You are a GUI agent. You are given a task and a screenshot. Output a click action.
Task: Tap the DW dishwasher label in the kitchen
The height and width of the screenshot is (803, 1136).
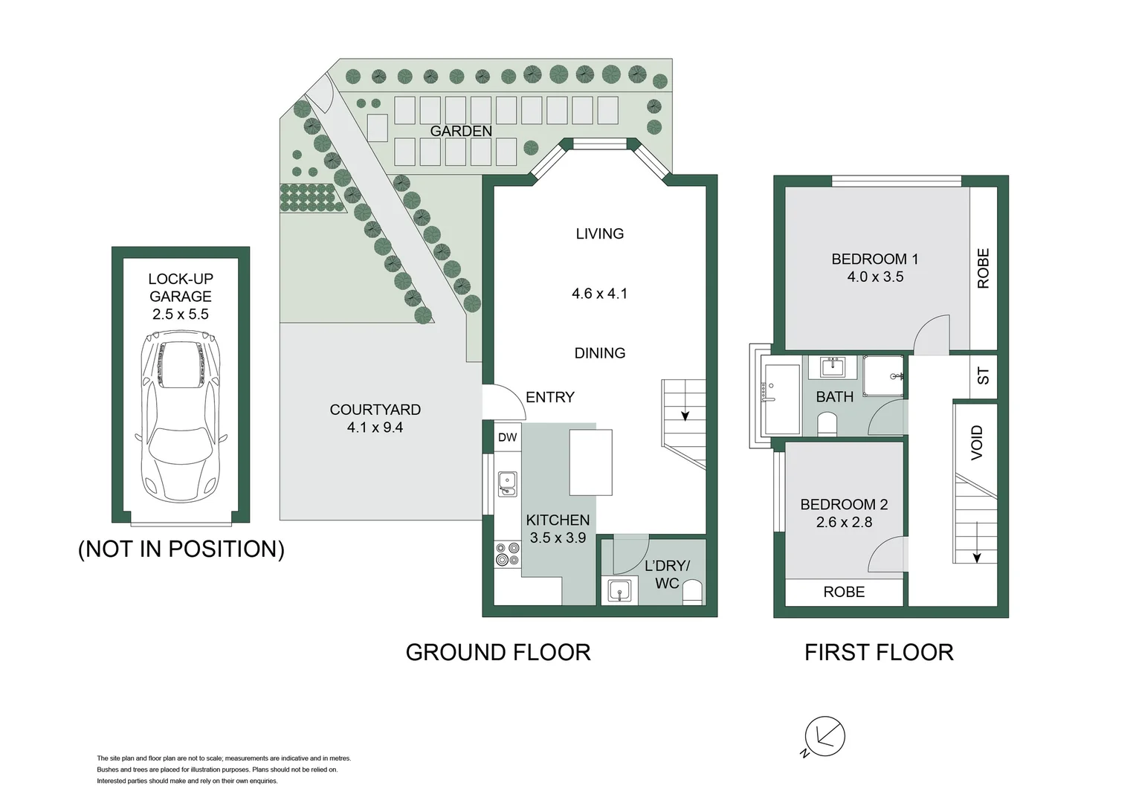pyautogui.click(x=507, y=437)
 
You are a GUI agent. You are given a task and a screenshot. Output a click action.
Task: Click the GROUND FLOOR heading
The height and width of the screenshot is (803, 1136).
pyautogui.click(x=497, y=652)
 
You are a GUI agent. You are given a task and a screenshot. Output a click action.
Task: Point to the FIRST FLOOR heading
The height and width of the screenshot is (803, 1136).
pyautogui.click(x=878, y=652)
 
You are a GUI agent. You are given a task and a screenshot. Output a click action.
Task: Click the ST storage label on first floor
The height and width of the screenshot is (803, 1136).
pyautogui.click(x=983, y=376)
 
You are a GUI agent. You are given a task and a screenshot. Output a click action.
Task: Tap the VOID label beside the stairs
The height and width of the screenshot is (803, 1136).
pyautogui.click(x=977, y=442)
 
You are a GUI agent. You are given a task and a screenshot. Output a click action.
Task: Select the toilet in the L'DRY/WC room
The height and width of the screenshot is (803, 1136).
pyautogui.click(x=691, y=593)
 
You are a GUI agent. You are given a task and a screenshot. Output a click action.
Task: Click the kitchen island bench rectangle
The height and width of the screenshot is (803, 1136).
pyautogui.click(x=591, y=462)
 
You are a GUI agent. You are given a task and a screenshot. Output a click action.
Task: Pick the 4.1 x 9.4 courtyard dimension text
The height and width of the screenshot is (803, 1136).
pyautogui.click(x=375, y=428)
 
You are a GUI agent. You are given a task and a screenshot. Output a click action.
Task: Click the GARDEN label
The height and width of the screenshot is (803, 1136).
pyautogui.click(x=460, y=131)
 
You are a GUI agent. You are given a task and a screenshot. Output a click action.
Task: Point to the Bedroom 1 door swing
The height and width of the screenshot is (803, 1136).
pyautogui.click(x=932, y=333)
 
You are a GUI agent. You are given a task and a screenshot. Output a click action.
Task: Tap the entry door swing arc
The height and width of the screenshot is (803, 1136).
pyautogui.click(x=501, y=402)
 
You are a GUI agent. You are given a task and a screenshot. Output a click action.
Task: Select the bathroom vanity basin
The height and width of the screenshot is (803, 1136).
pyautogui.click(x=833, y=367)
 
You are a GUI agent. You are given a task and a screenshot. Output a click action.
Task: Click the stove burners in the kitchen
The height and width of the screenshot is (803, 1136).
pyautogui.click(x=508, y=554)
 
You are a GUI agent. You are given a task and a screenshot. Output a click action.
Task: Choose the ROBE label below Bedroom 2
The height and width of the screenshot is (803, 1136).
pyautogui.click(x=844, y=592)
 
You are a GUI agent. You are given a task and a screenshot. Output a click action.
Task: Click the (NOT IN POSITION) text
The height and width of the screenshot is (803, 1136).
pyautogui.click(x=181, y=549)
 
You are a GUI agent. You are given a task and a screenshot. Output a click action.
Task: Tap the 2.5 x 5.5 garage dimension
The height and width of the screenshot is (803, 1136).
pyautogui.click(x=181, y=314)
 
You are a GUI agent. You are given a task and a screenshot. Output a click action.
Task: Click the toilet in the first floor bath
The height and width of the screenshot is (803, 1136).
pyautogui.click(x=827, y=424)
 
